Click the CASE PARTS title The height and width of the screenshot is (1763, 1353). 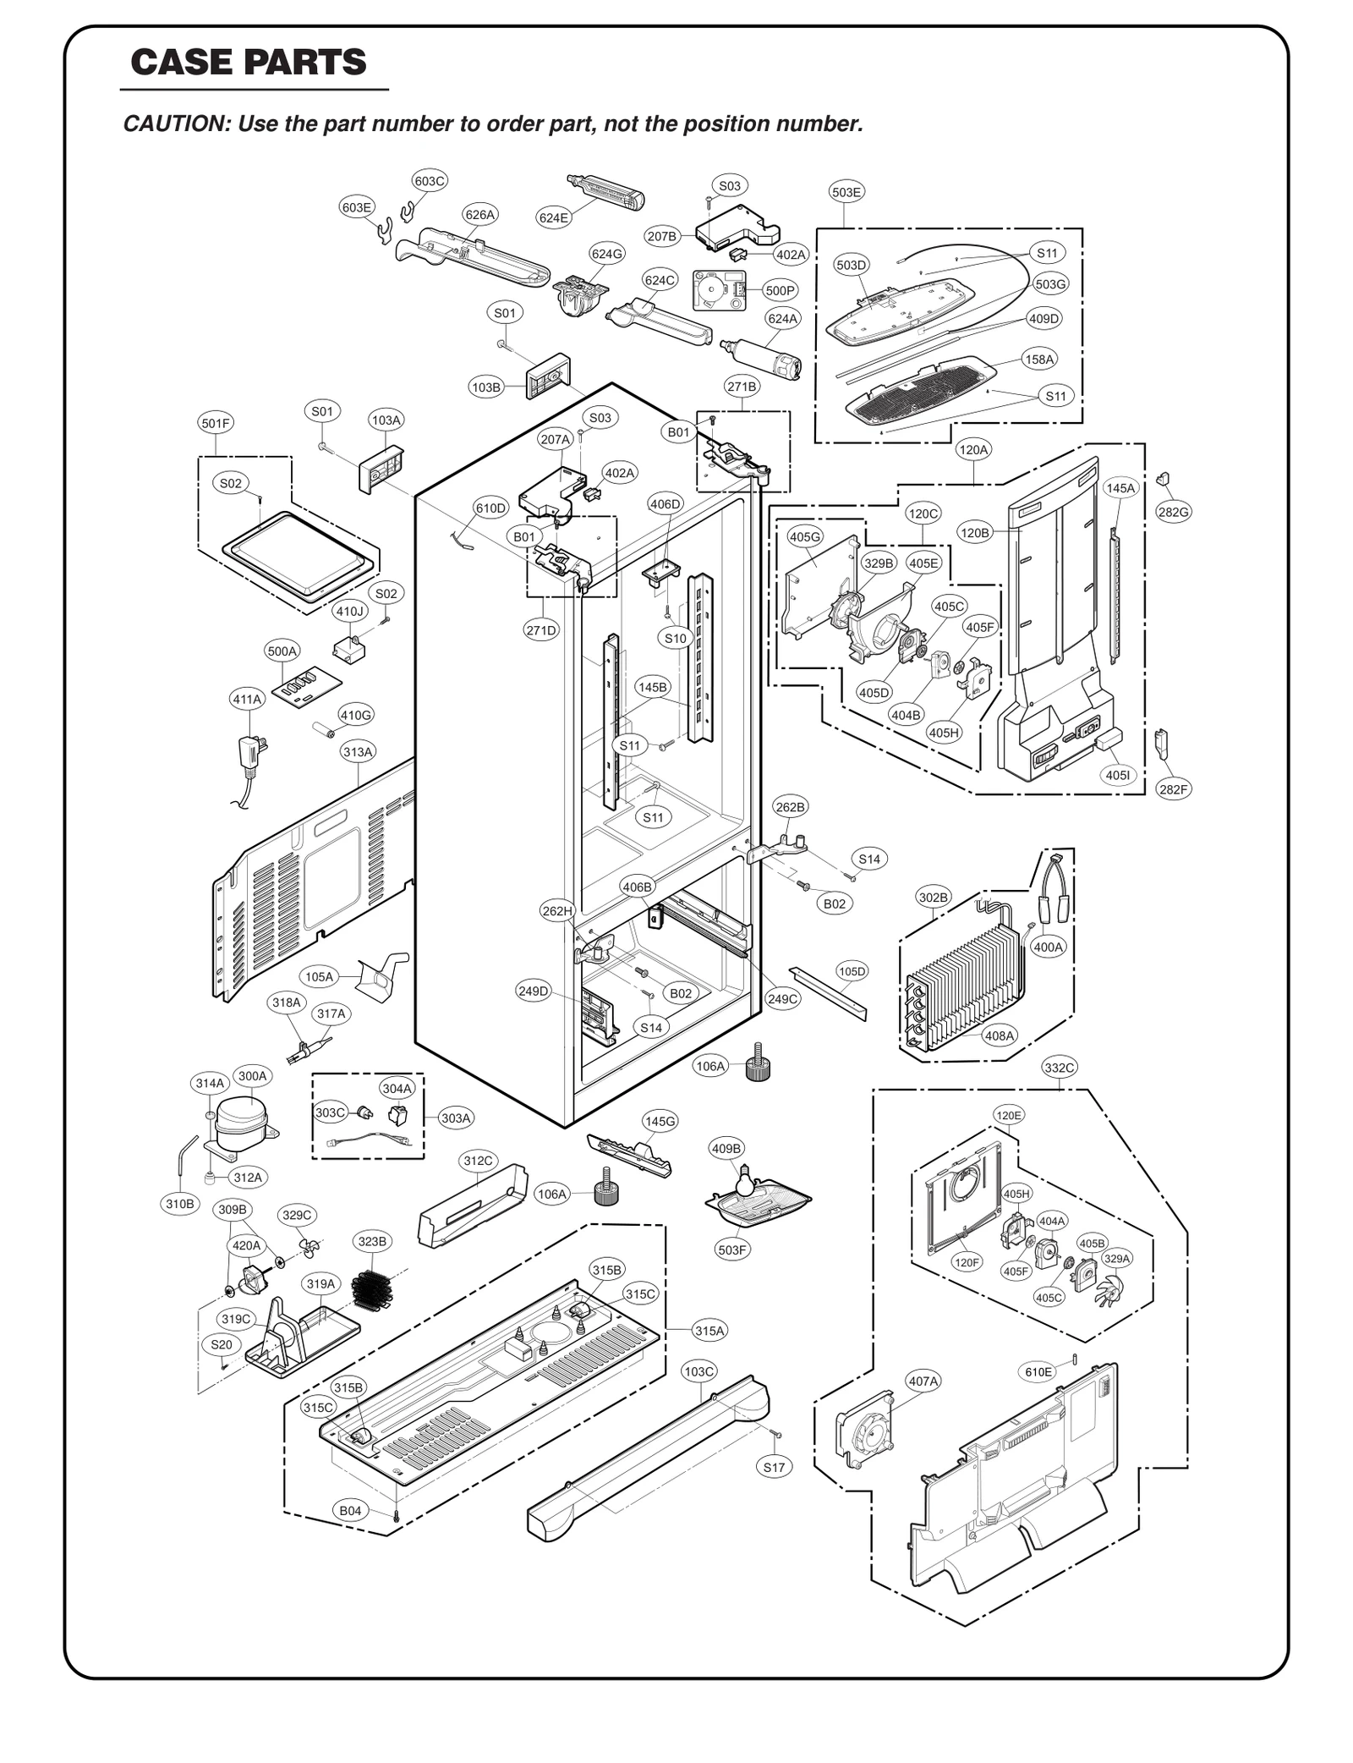coord(249,63)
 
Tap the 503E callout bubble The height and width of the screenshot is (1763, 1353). coord(846,192)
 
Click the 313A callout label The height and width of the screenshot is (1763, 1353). coord(358,751)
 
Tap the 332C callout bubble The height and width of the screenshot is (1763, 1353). coord(1060,1068)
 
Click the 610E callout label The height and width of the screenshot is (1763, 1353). coord(1038,1372)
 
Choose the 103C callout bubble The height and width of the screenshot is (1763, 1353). coord(699,1371)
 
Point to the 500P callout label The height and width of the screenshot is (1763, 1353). coord(780,290)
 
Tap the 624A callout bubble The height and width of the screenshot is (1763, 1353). coord(782,318)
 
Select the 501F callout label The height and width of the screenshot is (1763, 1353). coord(216,423)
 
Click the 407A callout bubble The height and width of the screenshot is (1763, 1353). coord(923,1381)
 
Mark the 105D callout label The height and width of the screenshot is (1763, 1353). coord(852,971)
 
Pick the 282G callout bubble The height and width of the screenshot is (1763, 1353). coord(1173,512)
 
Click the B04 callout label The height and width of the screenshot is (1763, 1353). coord(350,1511)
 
